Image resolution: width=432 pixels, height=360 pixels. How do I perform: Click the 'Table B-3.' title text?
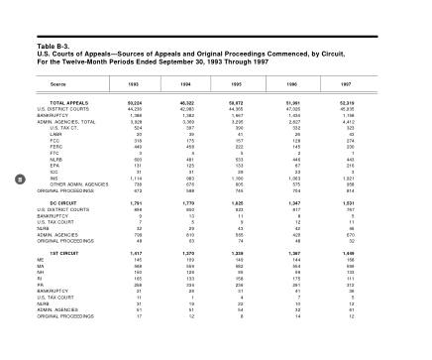[x=53, y=46]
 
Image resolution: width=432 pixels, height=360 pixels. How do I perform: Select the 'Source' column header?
[x=58, y=85]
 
